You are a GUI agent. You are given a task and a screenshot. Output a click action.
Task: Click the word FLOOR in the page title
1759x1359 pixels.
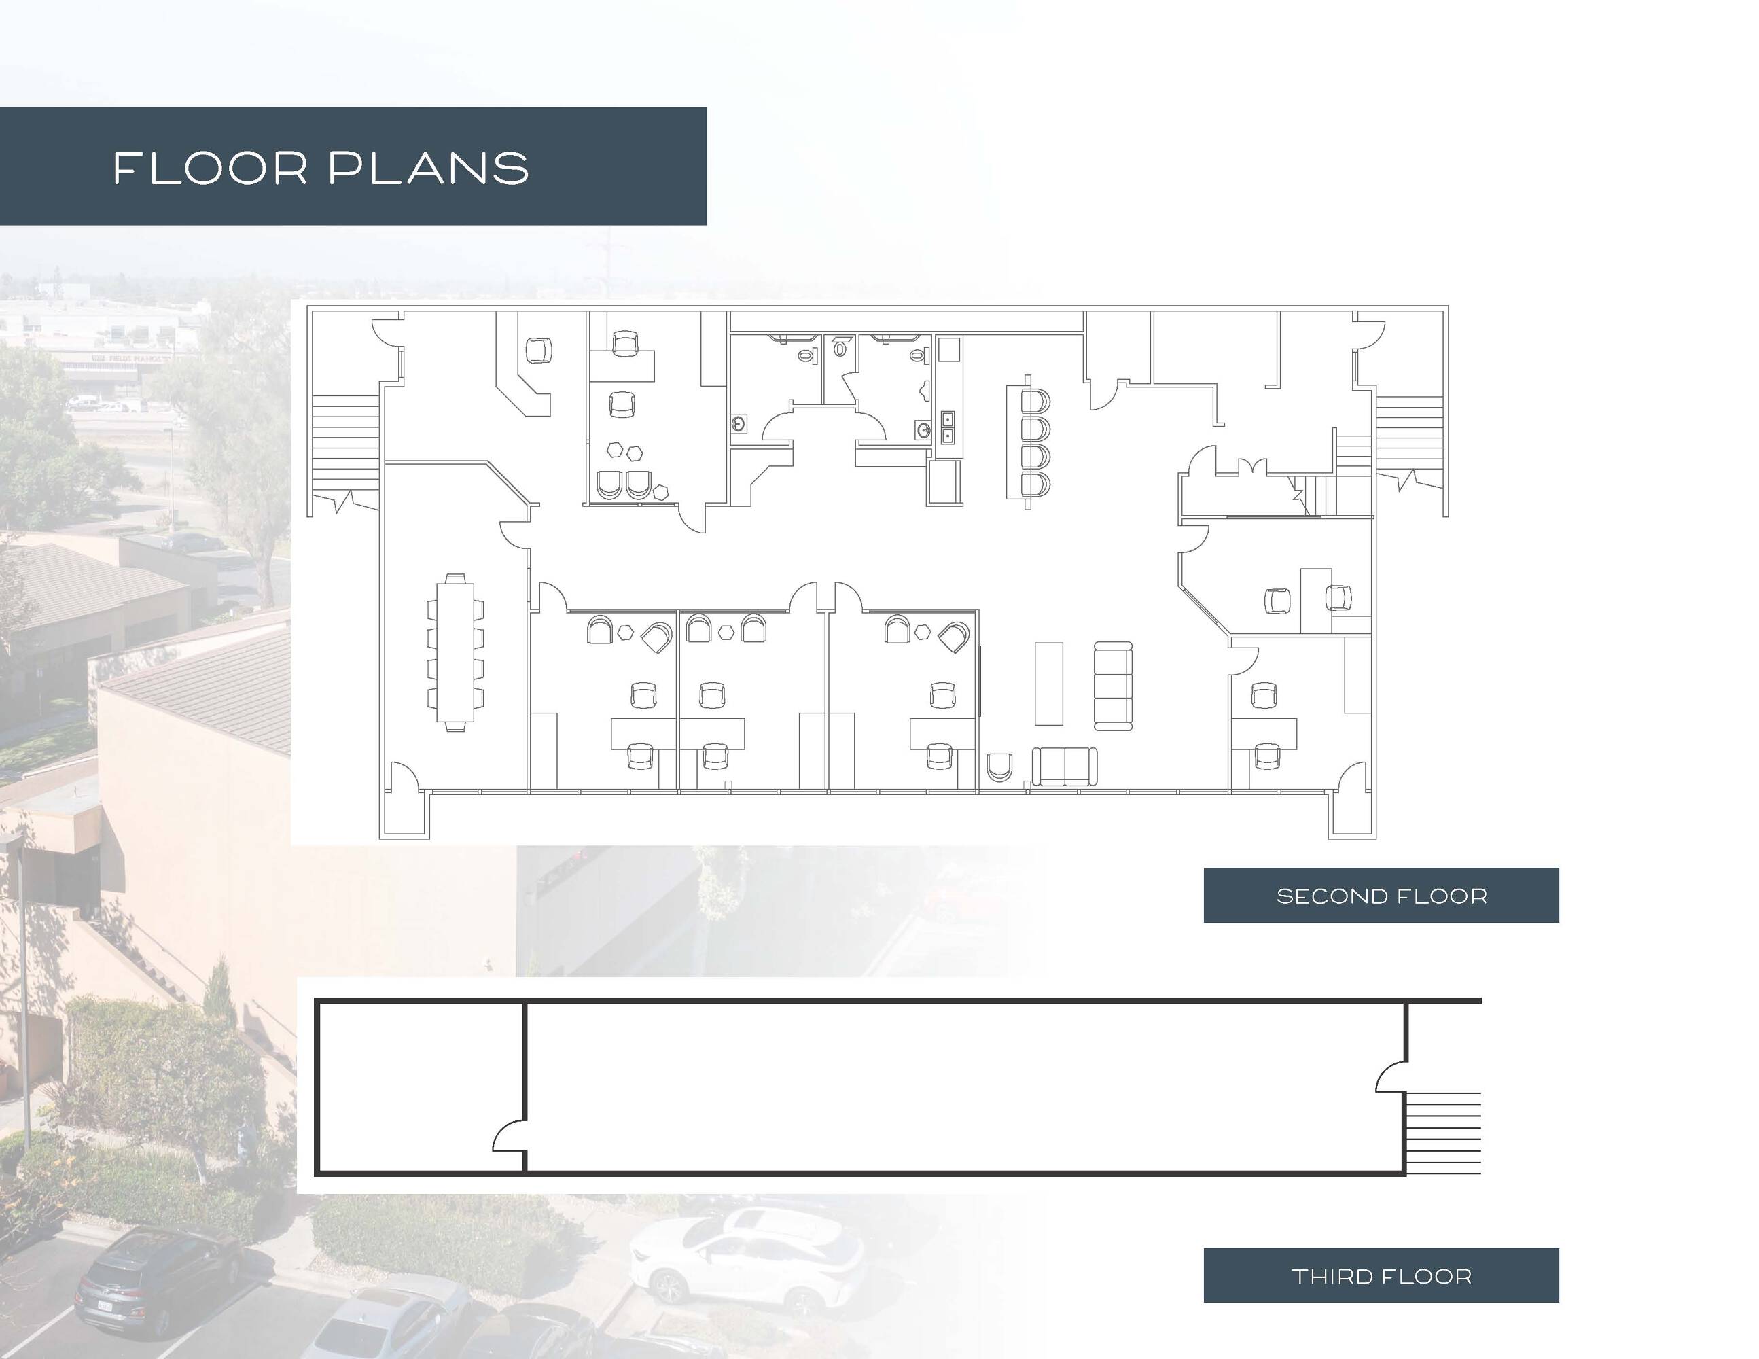[210, 169]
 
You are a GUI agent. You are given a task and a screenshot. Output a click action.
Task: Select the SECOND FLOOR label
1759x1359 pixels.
[1381, 896]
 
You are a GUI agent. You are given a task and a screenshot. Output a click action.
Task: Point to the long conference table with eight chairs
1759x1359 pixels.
[455, 652]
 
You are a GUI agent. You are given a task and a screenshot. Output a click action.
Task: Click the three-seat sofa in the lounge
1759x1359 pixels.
[1113, 686]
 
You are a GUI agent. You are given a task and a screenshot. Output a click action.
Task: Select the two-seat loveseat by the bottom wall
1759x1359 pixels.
[1064, 766]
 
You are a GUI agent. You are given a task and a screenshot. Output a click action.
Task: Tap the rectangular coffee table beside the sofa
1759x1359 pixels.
[1048, 683]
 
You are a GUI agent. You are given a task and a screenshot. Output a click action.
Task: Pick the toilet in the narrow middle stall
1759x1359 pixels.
[841, 348]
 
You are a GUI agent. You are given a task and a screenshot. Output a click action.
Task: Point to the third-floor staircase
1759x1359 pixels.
[1443, 1133]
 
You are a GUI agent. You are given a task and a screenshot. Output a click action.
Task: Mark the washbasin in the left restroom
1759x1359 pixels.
[739, 425]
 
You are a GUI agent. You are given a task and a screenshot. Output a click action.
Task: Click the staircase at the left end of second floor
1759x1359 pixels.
[344, 443]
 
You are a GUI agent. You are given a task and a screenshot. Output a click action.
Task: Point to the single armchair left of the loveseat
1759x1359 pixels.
[999, 767]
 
